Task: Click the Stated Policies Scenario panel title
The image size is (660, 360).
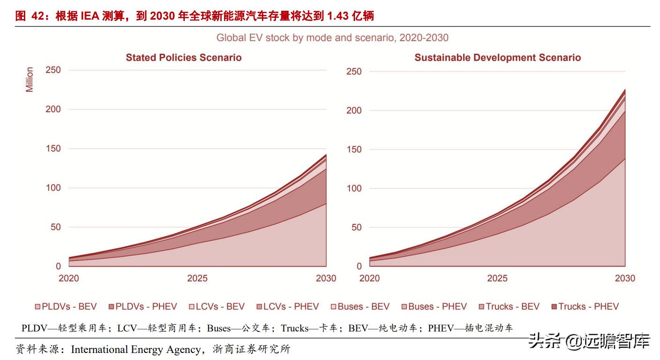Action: (183, 58)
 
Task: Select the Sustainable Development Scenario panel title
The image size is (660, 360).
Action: (497, 58)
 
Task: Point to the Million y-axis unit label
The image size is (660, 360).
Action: (29, 79)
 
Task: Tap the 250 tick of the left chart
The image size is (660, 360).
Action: (53, 70)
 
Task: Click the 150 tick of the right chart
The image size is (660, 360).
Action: (354, 150)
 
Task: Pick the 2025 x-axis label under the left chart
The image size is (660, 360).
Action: (197, 278)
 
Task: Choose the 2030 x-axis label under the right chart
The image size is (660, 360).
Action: (625, 278)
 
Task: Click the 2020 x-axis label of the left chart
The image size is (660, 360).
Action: (68, 278)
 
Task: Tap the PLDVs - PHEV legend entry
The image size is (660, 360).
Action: (143, 307)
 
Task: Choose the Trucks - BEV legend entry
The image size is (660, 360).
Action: (509, 307)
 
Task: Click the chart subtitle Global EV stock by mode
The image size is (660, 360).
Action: (332, 38)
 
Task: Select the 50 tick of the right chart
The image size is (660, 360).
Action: (356, 228)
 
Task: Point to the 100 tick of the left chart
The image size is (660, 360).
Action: (53, 188)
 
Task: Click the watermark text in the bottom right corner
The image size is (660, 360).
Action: (589, 342)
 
